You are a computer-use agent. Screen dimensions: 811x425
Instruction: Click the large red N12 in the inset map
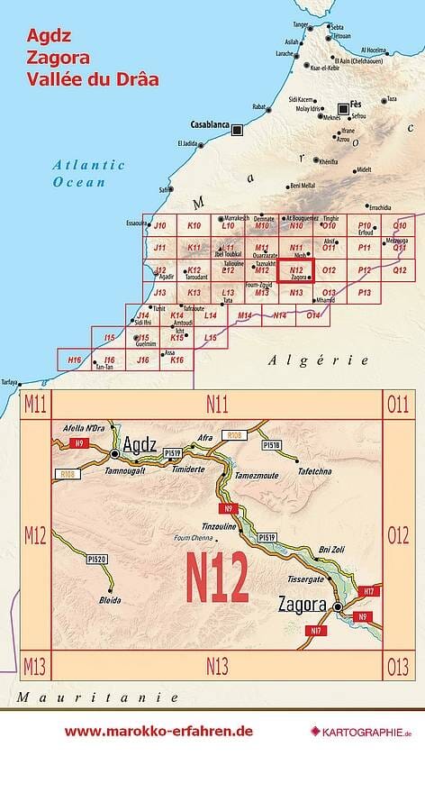(217, 578)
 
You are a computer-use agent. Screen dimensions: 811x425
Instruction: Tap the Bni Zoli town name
(332, 549)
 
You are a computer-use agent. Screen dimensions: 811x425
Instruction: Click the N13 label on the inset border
(217, 667)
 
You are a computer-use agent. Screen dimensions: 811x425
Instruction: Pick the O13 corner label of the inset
(397, 667)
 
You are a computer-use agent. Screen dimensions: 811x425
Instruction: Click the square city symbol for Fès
(343, 107)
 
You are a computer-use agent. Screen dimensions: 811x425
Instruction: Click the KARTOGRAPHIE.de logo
(359, 732)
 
